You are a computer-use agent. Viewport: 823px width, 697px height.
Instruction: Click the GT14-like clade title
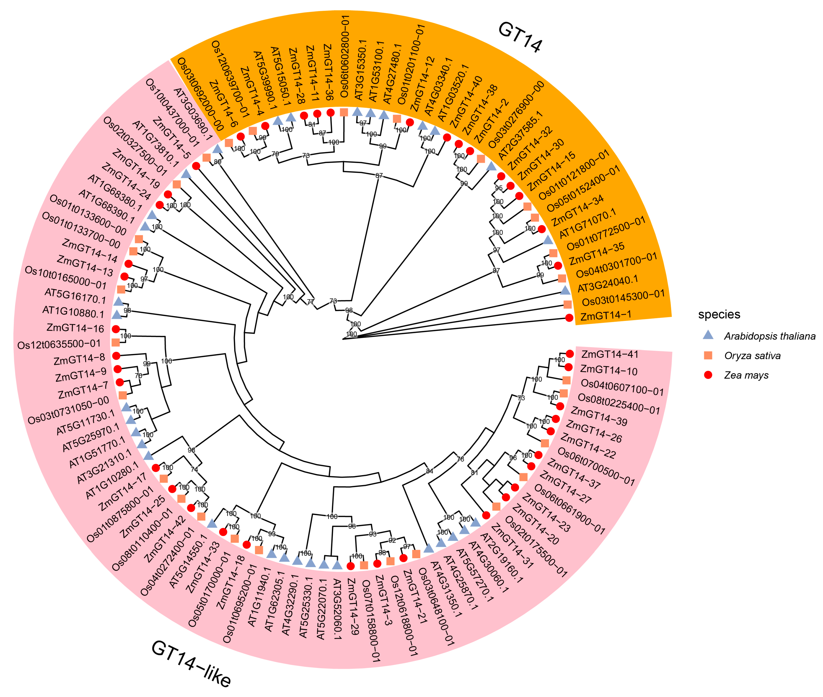coord(191,664)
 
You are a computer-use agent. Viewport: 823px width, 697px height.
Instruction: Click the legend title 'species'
coord(719,314)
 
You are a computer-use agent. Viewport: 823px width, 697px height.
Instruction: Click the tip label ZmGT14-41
coord(610,354)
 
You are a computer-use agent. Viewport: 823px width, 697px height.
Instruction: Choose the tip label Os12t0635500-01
coord(59,344)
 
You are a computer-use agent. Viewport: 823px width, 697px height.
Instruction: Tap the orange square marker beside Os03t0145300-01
coord(567,304)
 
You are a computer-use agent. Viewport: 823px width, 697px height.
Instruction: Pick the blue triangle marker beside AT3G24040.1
coord(565,291)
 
